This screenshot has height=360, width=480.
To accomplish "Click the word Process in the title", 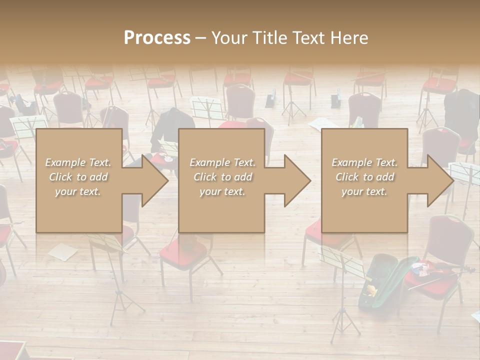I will pos(157,38).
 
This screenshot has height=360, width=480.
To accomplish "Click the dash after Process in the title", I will pos(200,38).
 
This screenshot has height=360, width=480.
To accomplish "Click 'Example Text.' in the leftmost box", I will pos(78,162).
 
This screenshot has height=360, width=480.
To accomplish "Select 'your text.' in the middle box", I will pos(222,191).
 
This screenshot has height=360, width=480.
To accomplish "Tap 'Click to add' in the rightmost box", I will pos(364,177).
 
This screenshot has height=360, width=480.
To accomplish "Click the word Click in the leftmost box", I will pos(60,177).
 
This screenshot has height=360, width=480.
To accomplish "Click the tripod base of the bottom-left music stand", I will pos(120,305).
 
